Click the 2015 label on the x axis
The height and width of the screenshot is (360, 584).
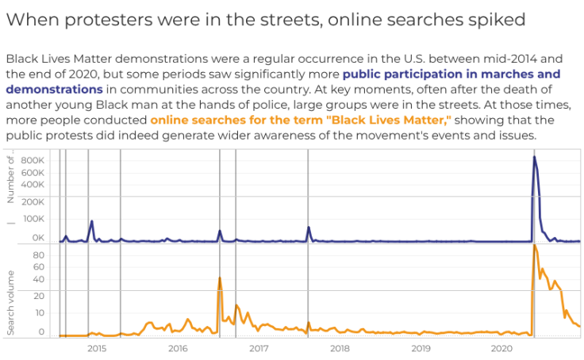click(x=97, y=348)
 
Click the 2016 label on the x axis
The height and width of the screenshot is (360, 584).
click(x=178, y=348)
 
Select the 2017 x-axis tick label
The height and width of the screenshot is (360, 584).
click(x=259, y=348)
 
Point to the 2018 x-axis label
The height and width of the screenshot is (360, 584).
click(x=340, y=348)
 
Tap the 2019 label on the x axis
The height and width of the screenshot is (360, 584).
click(x=421, y=348)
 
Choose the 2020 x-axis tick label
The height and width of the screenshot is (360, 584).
click(x=501, y=348)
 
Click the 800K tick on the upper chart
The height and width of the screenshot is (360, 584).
click(x=33, y=160)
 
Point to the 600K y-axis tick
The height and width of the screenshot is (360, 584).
click(x=33, y=172)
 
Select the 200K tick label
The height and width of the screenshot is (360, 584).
click(x=33, y=201)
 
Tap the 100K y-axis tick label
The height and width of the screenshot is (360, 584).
click(x=33, y=220)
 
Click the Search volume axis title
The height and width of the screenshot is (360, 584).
click(x=11, y=302)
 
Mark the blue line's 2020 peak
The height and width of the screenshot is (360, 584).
click(x=534, y=157)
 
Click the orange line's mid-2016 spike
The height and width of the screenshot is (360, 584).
click(x=219, y=278)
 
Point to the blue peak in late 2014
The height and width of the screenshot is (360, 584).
click(x=92, y=221)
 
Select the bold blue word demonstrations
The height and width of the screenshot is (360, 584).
click(x=55, y=90)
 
